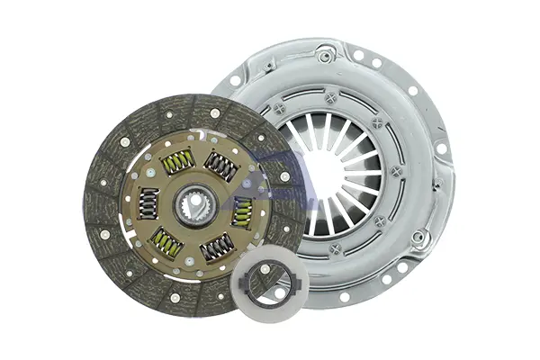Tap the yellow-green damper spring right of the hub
click(x=242, y=212)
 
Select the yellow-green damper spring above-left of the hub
click(x=177, y=162)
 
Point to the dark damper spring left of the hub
click(x=148, y=202)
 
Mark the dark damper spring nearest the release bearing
click(x=216, y=247)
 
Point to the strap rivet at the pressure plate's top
click(x=325, y=57)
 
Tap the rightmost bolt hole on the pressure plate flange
click(x=441, y=148)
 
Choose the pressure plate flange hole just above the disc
click(x=236, y=81)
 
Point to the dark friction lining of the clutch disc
click(x=108, y=225)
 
